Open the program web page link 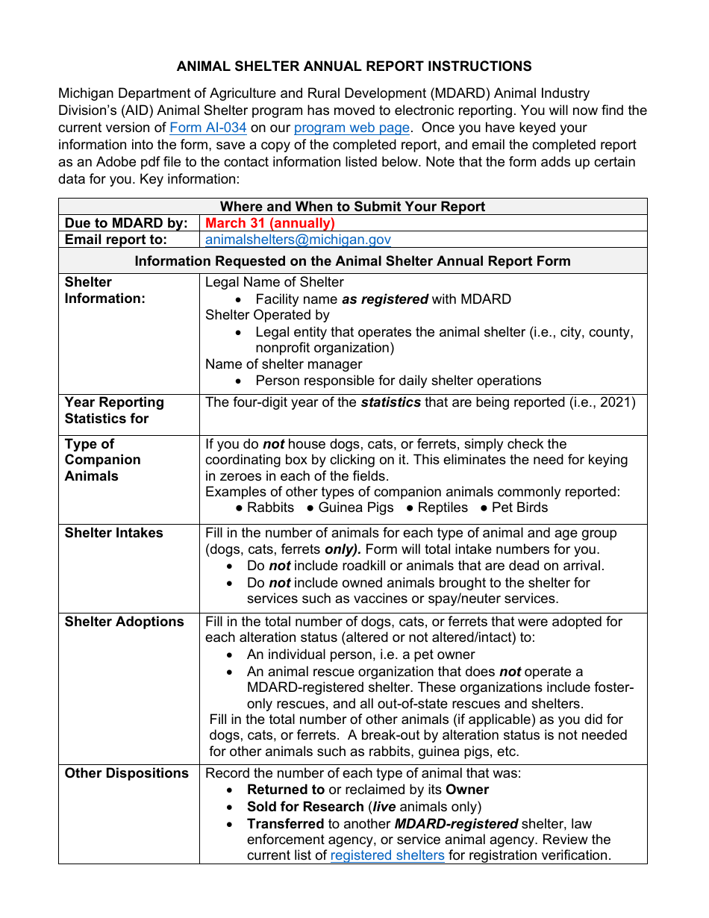(x=352, y=128)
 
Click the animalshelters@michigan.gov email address (x=298, y=240)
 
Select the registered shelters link (x=387, y=855)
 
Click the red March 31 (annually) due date (x=269, y=223)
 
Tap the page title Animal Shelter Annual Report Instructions (x=354, y=66)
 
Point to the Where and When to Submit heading (x=352, y=207)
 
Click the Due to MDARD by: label (x=126, y=223)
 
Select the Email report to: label (x=116, y=240)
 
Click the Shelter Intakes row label (x=113, y=533)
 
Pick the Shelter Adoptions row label (x=124, y=622)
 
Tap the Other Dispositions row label (x=126, y=773)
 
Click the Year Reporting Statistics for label (x=113, y=410)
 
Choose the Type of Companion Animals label (x=102, y=460)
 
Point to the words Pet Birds (x=519, y=508)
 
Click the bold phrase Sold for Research (x=305, y=807)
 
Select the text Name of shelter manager (x=284, y=364)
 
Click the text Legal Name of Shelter (x=274, y=282)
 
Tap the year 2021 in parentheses (x=615, y=402)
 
